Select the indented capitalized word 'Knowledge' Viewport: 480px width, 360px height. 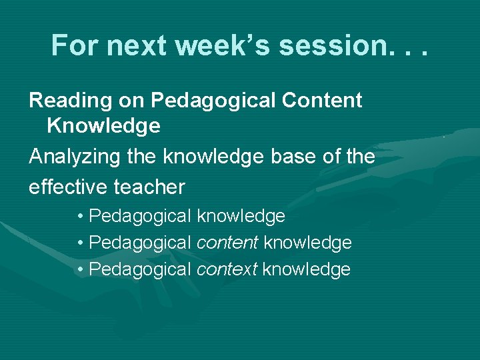tap(103, 125)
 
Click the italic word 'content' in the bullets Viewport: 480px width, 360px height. tap(227, 243)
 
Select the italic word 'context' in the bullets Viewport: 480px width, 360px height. tap(227, 270)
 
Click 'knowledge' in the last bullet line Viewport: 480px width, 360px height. tap(306, 270)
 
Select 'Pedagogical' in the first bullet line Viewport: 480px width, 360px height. tap(139, 217)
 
